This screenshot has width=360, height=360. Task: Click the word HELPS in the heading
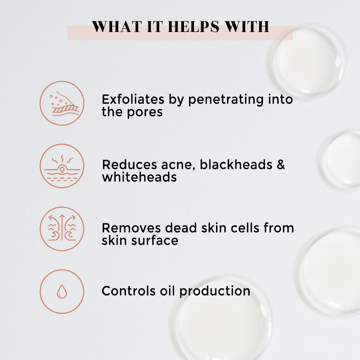coord(192,27)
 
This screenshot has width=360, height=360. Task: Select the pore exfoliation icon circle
coord(62,103)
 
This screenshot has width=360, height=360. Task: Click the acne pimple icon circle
coord(62,166)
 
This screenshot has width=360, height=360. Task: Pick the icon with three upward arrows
coord(62,229)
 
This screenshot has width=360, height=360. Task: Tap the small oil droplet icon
coord(62,292)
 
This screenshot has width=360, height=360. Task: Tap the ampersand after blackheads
coord(281,164)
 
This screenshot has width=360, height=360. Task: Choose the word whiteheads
coord(139,177)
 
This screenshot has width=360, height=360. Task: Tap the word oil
coord(167,291)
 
